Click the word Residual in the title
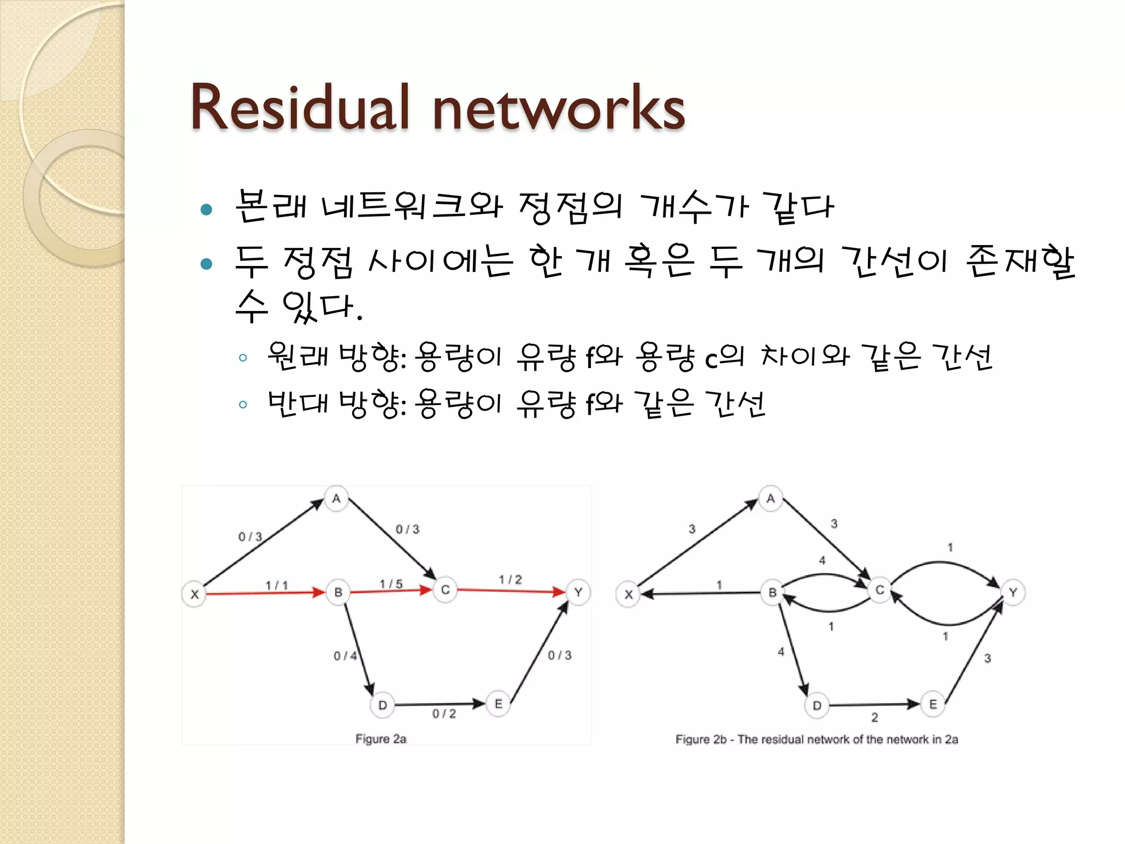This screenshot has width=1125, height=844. pos(300,108)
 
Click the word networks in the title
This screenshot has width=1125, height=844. pos(559,108)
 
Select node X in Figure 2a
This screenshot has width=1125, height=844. pos(194,594)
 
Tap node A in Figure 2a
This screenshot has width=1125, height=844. pos(336,498)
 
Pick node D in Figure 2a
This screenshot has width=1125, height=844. pos(383,705)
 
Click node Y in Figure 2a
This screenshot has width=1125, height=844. pos(578,592)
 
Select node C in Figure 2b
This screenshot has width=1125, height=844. pos(879,590)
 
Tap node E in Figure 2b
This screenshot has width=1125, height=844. pos(933,704)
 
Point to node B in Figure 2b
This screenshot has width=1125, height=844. pos(772,593)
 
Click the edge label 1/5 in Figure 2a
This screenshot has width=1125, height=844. pos(391,584)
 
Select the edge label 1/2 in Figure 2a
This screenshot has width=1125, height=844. pos(510,580)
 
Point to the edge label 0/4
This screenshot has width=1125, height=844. pos(345,656)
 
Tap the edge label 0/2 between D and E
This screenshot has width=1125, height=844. pos(444,714)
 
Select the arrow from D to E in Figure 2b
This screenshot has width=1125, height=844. pos(873,704)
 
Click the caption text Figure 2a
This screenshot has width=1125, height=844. pos(381,739)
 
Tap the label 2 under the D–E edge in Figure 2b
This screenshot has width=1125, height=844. pos(875,717)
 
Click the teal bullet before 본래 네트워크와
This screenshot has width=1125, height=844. pos(207,209)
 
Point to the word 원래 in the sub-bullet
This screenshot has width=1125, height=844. pos(297,356)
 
